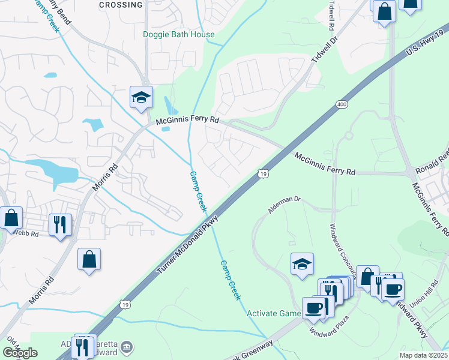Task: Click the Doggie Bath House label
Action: click(x=178, y=34)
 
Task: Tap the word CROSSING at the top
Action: click(x=121, y=5)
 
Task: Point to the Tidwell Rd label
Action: click(x=331, y=16)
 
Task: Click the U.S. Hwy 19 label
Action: click(x=427, y=43)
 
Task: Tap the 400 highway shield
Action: click(x=342, y=105)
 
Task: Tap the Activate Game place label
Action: click(x=274, y=313)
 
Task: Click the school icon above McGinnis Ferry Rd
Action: click(x=142, y=98)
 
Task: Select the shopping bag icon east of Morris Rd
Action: click(x=89, y=259)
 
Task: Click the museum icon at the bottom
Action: click(x=126, y=347)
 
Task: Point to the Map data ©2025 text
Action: click(x=424, y=355)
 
